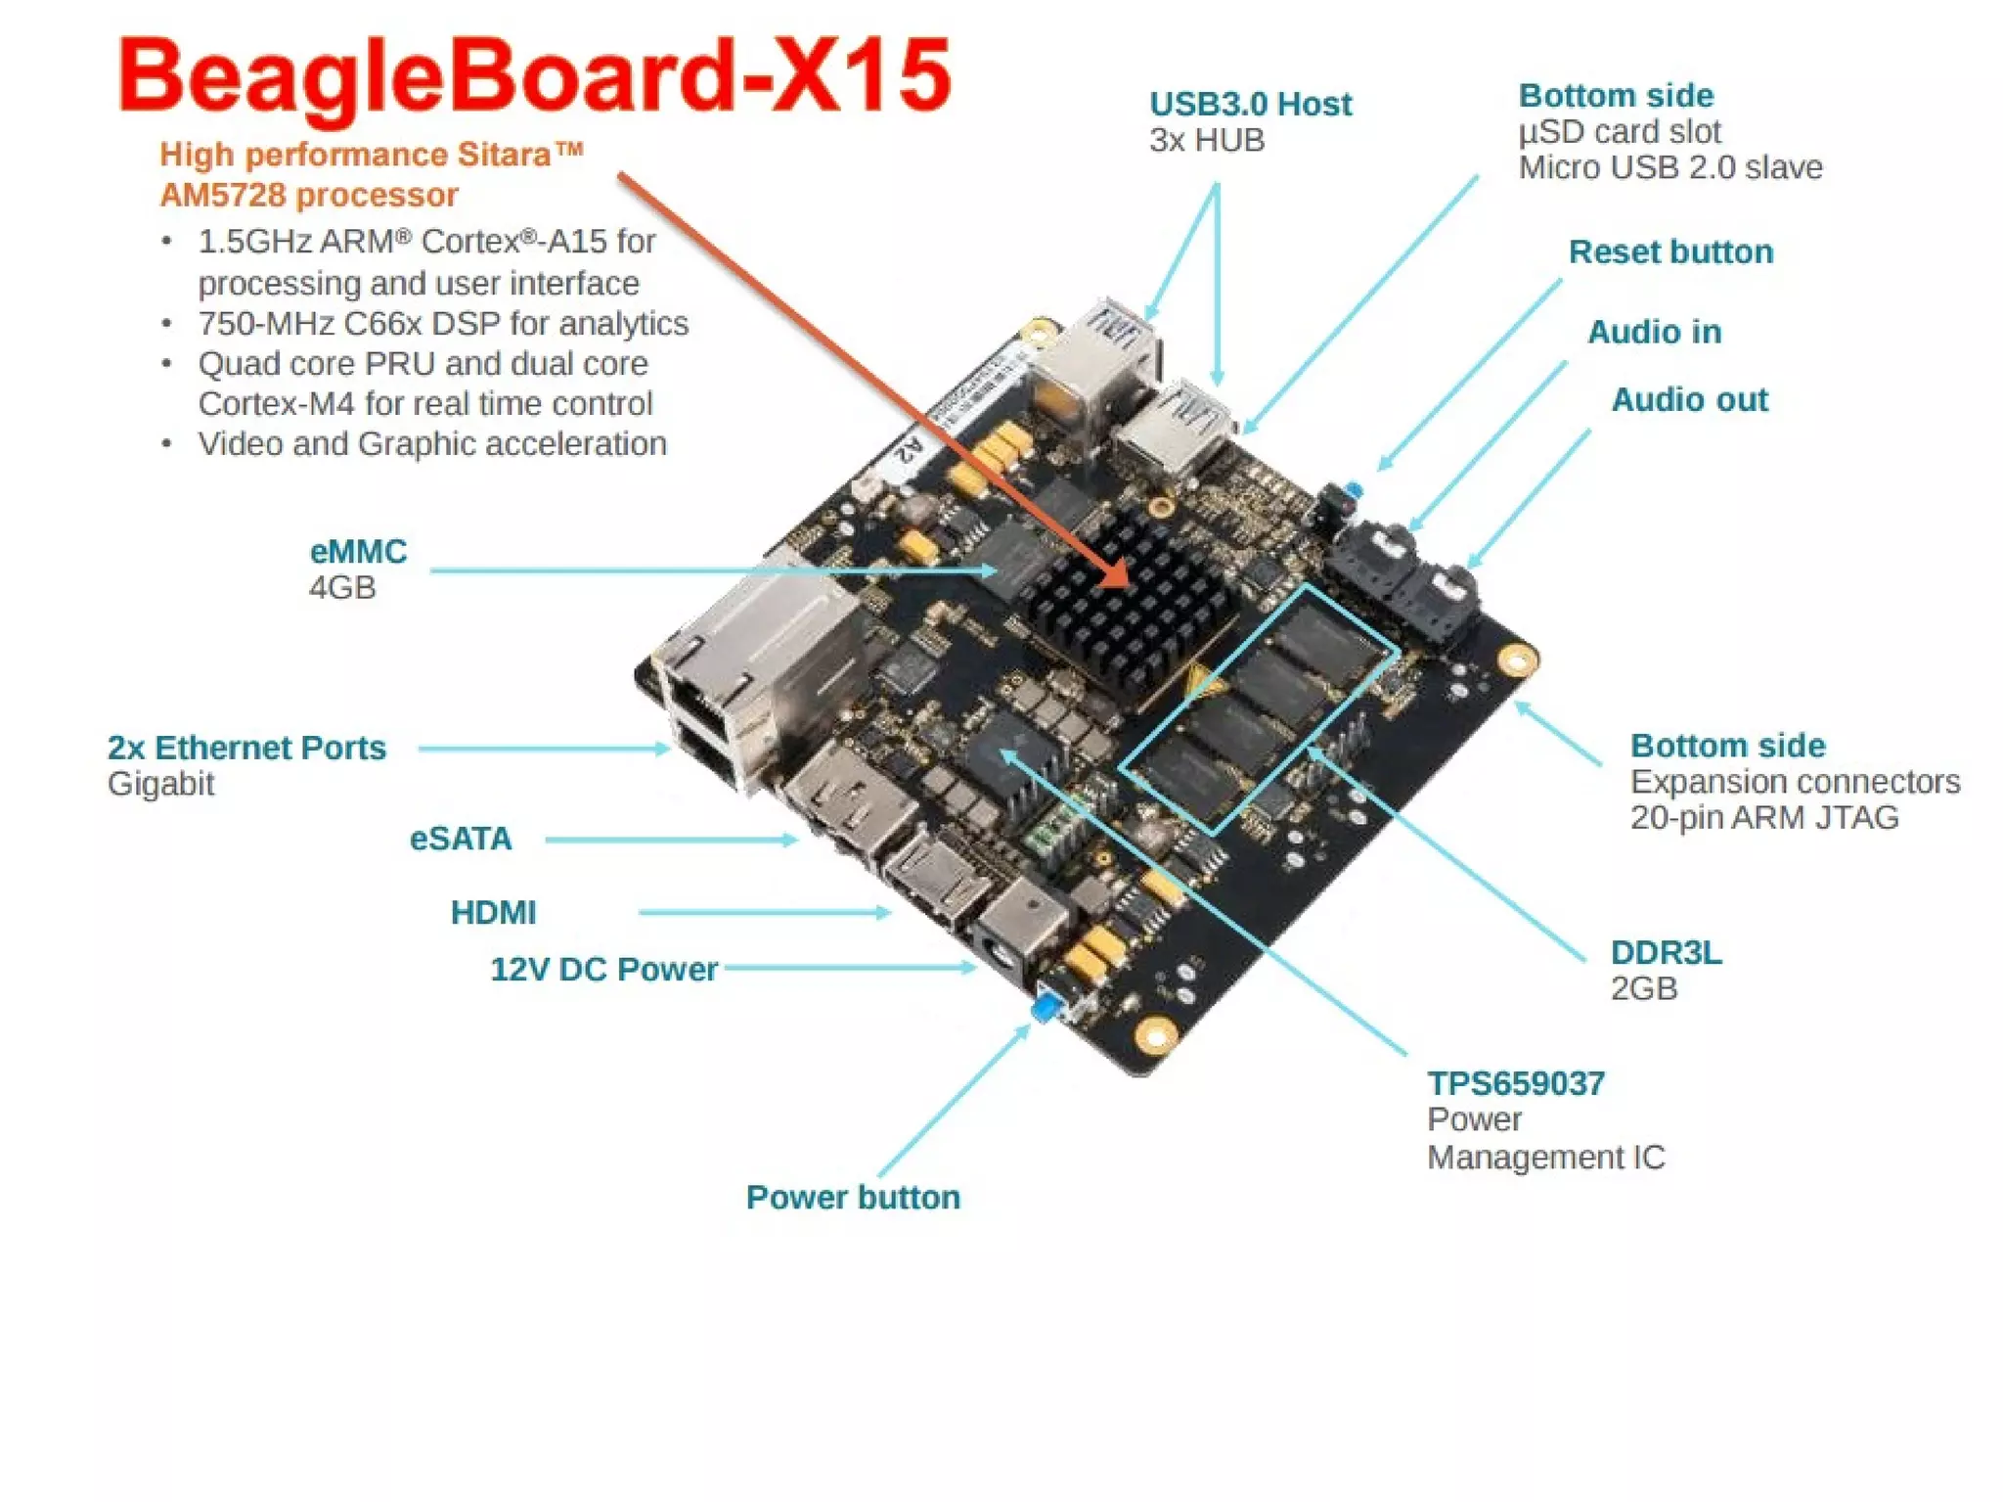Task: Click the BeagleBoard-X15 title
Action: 534,76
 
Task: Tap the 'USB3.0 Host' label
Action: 1249,104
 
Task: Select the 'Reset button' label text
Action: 1669,252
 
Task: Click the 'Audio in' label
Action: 1653,332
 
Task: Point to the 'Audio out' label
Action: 1688,399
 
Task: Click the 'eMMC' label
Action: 358,552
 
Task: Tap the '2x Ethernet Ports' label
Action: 246,748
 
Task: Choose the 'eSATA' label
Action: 460,839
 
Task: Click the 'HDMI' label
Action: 493,912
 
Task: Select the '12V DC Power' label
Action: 603,969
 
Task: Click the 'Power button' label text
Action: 852,1197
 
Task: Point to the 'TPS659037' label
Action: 1515,1083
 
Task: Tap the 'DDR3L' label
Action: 1666,952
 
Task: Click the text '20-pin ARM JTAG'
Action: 1763,817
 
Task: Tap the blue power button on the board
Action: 1046,1007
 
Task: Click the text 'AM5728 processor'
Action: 309,195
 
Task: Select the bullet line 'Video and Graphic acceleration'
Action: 431,443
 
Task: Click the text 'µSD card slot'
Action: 1619,131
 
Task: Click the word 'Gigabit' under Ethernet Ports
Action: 160,784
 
